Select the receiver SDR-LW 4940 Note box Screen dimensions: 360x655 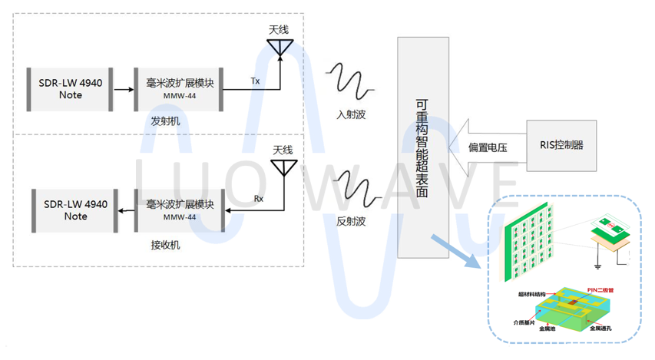click(x=75, y=210)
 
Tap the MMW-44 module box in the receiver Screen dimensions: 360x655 click(x=180, y=210)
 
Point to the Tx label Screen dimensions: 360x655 click(x=256, y=81)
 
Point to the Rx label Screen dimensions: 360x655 click(x=259, y=200)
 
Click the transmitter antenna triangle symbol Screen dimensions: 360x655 click(x=279, y=48)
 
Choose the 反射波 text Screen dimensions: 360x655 click(x=351, y=222)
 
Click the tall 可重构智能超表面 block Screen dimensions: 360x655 click(x=421, y=147)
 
